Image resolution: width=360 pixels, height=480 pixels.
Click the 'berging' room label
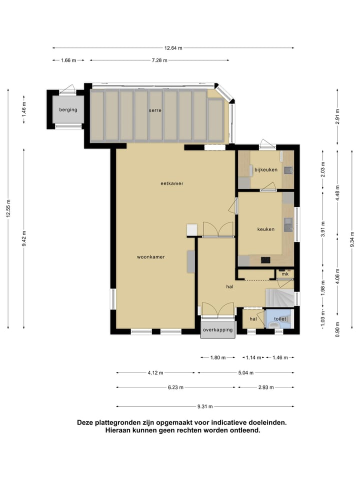pyautogui.click(x=68, y=110)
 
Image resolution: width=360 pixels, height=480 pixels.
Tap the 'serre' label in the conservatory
pyautogui.click(x=155, y=110)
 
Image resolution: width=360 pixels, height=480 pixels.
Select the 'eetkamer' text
pyautogui.click(x=171, y=183)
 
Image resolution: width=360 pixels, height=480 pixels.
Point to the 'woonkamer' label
pyautogui.click(x=151, y=257)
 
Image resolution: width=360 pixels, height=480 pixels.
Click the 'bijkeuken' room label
pyautogui.click(x=265, y=170)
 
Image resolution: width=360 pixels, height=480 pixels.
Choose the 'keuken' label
pyautogui.click(x=265, y=229)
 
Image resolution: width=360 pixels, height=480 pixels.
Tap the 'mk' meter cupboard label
pyautogui.click(x=285, y=274)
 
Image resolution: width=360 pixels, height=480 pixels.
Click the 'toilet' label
pyautogui.click(x=280, y=318)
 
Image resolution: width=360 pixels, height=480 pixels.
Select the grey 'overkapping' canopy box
pyautogui.click(x=217, y=330)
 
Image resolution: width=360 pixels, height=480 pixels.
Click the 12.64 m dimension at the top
pyautogui.click(x=173, y=48)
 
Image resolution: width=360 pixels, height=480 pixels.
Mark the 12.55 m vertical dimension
pyautogui.click(x=8, y=208)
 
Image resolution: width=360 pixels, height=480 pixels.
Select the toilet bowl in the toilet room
pyautogui.click(x=272, y=326)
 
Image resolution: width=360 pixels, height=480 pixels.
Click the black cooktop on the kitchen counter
pyautogui.click(x=265, y=260)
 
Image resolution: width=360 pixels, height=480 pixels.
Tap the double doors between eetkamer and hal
pyautogui.click(x=218, y=229)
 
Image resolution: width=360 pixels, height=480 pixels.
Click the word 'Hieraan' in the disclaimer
pyautogui.click(x=118, y=430)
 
